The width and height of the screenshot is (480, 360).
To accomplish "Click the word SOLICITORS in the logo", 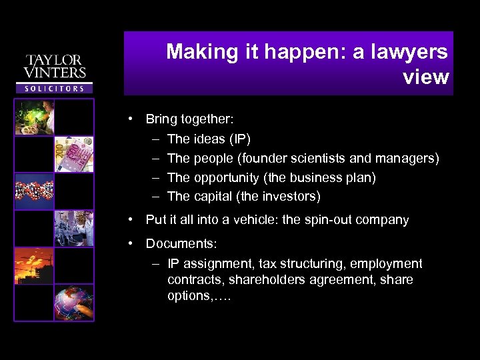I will point(55,88).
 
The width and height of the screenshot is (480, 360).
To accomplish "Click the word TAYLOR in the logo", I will point(55,60).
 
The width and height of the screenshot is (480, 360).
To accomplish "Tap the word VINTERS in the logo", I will point(55,73).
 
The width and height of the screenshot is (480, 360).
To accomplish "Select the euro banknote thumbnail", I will point(74,154).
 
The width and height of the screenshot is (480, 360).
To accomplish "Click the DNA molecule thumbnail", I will point(34,191).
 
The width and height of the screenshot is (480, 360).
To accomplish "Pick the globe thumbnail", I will point(74,303).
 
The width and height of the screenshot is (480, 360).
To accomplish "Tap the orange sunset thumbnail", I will point(34,265).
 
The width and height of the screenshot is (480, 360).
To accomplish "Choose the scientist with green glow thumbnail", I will point(34,117).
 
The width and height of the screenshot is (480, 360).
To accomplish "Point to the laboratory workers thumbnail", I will point(74,228).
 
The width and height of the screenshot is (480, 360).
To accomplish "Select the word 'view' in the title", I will point(426,77).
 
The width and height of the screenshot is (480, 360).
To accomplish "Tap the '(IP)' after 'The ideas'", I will point(239,139).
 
